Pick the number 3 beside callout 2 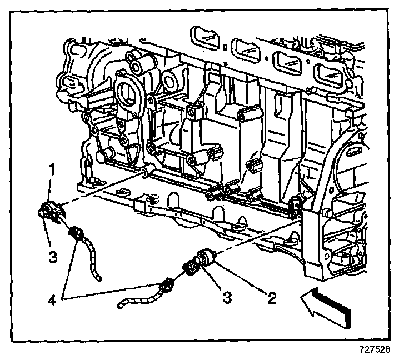[x=227, y=298]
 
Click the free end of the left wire [x=99, y=277]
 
